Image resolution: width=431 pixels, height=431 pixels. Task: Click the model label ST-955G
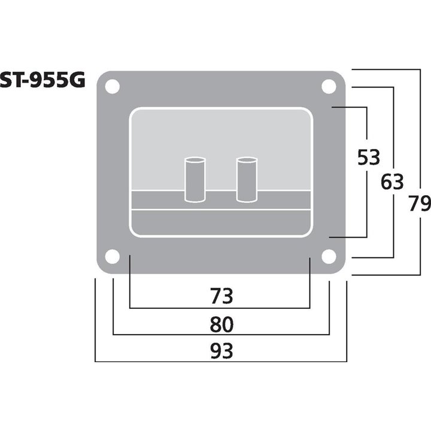(43, 81)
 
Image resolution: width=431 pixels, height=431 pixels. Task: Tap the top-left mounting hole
(112, 86)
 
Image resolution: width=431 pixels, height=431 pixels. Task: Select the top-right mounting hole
(328, 86)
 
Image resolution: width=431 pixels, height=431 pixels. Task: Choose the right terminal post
(247, 179)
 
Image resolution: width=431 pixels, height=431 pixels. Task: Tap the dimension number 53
(368, 158)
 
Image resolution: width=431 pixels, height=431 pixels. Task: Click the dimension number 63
(392, 181)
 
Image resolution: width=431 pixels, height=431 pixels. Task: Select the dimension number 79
(417, 204)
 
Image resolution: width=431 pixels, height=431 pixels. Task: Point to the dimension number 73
(221, 295)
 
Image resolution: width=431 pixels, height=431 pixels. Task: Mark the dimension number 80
(221, 324)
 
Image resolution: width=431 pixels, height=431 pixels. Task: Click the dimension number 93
(221, 350)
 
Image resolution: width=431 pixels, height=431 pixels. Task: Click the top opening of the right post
(247, 161)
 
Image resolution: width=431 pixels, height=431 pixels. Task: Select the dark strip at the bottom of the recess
(221, 222)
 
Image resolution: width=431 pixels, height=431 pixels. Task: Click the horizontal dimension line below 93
(221, 362)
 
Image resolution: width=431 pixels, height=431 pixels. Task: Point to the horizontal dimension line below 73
(221, 308)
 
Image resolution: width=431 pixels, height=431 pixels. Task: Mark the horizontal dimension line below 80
(221, 335)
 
